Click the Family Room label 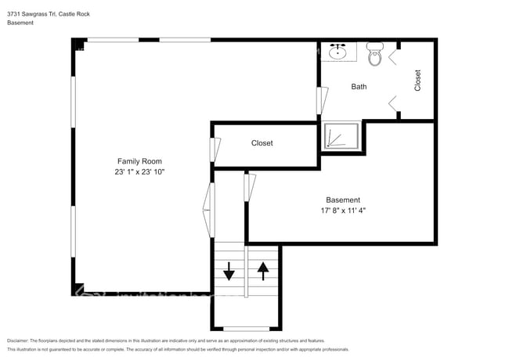tap(140, 161)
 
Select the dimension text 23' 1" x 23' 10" tap(140, 171)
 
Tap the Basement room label tap(343, 200)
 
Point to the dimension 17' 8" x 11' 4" tap(343, 211)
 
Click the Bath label tap(359, 87)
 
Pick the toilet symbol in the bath tap(376, 54)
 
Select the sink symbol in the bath tap(339, 52)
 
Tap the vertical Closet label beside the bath tap(417, 81)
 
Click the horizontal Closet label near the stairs tap(262, 143)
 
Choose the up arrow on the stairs tap(263, 271)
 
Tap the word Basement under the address tap(20, 23)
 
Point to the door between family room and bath tap(321, 100)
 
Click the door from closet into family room tap(214, 149)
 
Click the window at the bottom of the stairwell tap(246, 328)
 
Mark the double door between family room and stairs tap(209, 209)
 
